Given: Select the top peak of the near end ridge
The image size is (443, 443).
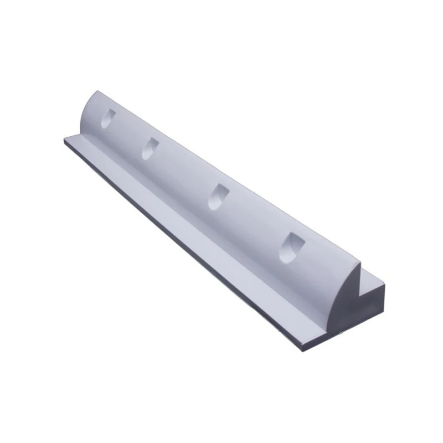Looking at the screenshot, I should coord(363,264).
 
